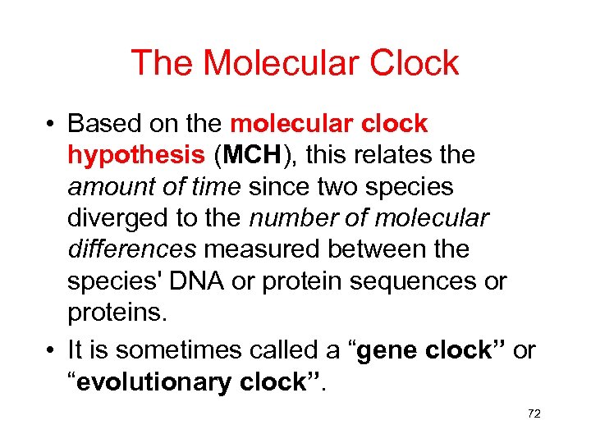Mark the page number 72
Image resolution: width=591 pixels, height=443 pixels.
[534, 414]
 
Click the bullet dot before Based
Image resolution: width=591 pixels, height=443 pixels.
[52, 126]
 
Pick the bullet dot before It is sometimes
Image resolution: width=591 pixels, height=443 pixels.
[52, 351]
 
